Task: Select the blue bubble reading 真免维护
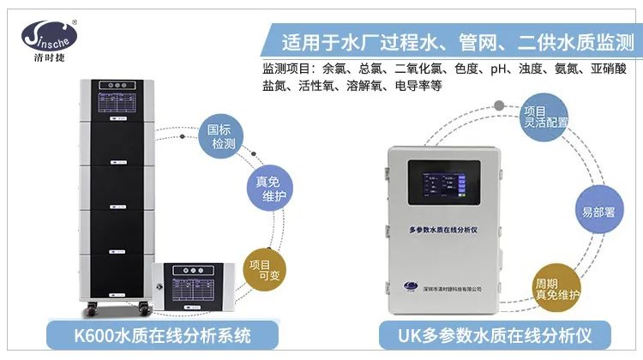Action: (x=270, y=189)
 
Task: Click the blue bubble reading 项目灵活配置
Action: (x=545, y=117)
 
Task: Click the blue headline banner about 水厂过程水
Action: (x=454, y=40)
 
